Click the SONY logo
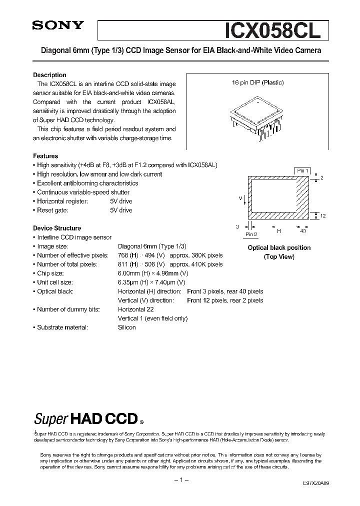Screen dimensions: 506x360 58,26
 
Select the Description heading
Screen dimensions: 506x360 49,74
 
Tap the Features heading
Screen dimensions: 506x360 45,156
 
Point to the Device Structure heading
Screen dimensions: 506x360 57,228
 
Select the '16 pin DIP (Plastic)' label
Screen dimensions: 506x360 257,82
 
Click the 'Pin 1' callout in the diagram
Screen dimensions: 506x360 302,171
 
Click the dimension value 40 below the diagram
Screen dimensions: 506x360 303,231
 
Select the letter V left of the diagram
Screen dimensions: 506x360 240,198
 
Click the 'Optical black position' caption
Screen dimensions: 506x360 279,247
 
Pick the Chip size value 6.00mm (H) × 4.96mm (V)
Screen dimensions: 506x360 153,273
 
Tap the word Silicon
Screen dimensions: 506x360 127,327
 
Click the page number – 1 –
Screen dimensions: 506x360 180,480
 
